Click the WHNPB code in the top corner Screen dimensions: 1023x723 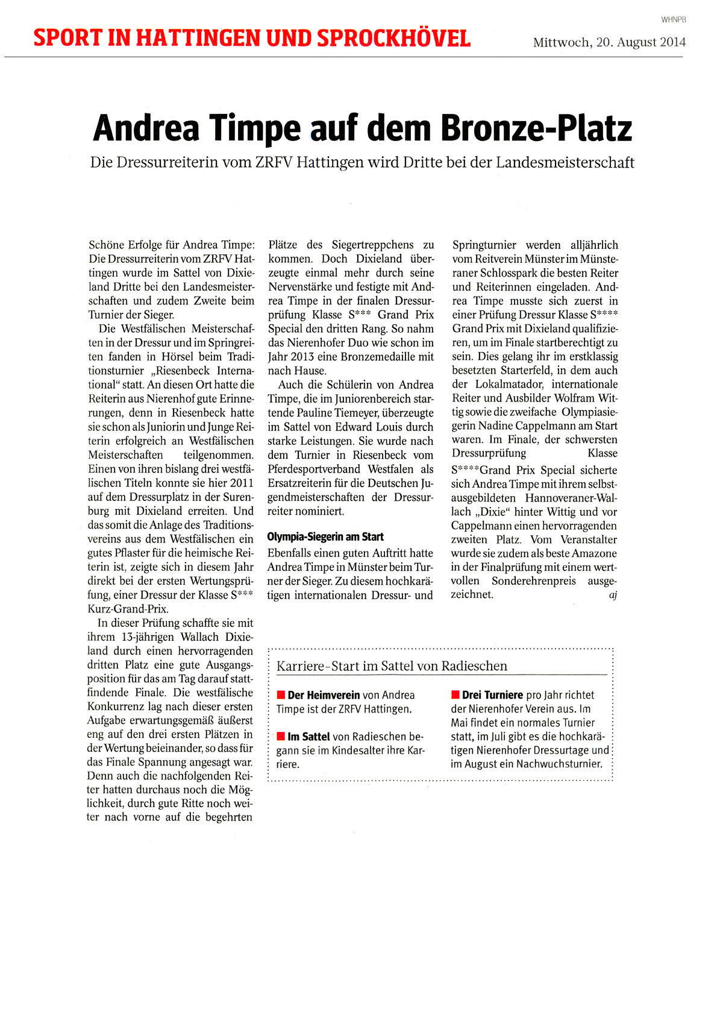tap(674, 20)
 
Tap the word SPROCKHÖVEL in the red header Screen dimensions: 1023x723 tap(394, 39)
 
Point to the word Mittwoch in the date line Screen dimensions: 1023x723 tap(561, 42)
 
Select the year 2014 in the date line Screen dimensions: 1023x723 tap(672, 42)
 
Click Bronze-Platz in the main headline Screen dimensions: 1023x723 tap(536, 128)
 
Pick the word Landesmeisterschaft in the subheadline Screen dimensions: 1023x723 tap(565, 162)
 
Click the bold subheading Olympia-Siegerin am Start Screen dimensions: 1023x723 tap(325, 537)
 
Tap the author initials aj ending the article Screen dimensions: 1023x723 tap(613, 596)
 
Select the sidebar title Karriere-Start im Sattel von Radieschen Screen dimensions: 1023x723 tap(392, 666)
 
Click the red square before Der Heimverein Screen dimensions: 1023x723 tap(281, 695)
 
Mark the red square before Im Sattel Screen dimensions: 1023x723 tap(281, 736)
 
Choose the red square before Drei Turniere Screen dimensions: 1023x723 tap(455, 695)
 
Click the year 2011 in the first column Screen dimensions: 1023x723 tap(241, 483)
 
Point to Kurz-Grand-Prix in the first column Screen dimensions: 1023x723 tap(128, 609)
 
